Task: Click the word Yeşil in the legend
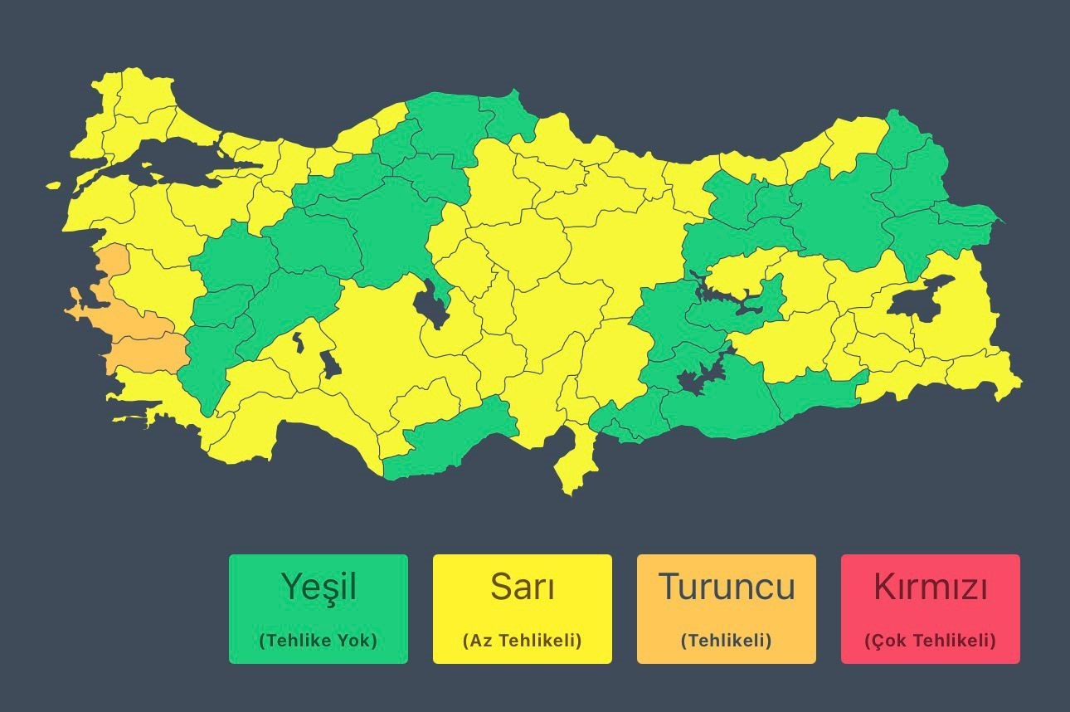319,587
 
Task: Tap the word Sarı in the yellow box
522,587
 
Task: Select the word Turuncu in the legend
726,587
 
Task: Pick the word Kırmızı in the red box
930,588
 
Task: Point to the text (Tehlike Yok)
319,641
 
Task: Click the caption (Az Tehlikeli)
522,641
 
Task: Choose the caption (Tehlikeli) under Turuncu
726,641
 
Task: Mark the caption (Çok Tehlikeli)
930,641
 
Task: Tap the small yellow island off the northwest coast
54,186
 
